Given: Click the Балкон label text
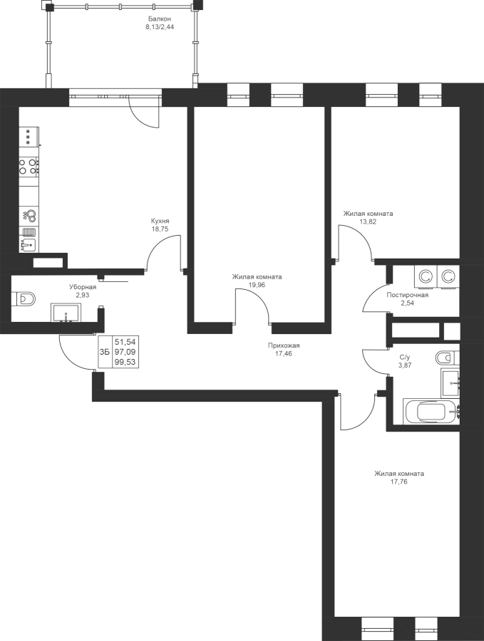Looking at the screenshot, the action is tap(159, 19).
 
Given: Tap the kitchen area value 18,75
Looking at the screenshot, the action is tap(160, 229).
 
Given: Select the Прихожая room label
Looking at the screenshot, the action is tap(284, 345).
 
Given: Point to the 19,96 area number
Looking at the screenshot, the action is tap(257, 285).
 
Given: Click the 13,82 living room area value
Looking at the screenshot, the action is tap(368, 222).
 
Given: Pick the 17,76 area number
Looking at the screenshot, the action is tap(399, 482).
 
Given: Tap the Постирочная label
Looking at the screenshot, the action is tap(408, 295).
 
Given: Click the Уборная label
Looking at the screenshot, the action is tap(83, 287).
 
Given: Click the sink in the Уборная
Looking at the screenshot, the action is tap(66, 313).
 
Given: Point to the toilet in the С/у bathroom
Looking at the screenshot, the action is tap(448, 358).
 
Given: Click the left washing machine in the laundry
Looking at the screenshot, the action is tap(426, 277).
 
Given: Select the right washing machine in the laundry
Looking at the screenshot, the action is tap(448, 277).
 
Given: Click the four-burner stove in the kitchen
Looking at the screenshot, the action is tap(29, 167).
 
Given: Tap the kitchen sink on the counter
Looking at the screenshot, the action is tap(29, 244).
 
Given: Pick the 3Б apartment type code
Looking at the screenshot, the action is tap(105, 352).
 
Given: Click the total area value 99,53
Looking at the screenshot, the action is tap(125, 362).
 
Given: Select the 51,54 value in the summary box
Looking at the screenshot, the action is tap(125, 341).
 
